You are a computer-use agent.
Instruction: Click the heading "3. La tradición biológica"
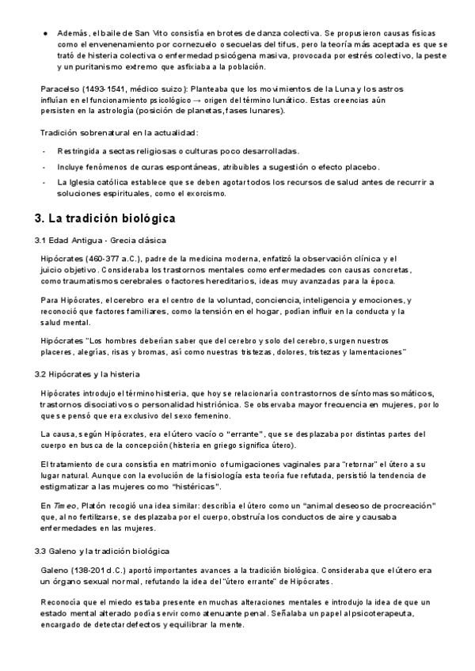[x=104, y=218]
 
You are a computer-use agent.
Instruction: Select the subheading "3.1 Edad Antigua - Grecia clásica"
[x=100, y=240]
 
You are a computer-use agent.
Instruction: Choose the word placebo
[x=366, y=166]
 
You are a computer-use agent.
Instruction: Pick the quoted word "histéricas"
[x=191, y=486]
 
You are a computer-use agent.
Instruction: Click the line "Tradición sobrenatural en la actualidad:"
[x=119, y=133]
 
